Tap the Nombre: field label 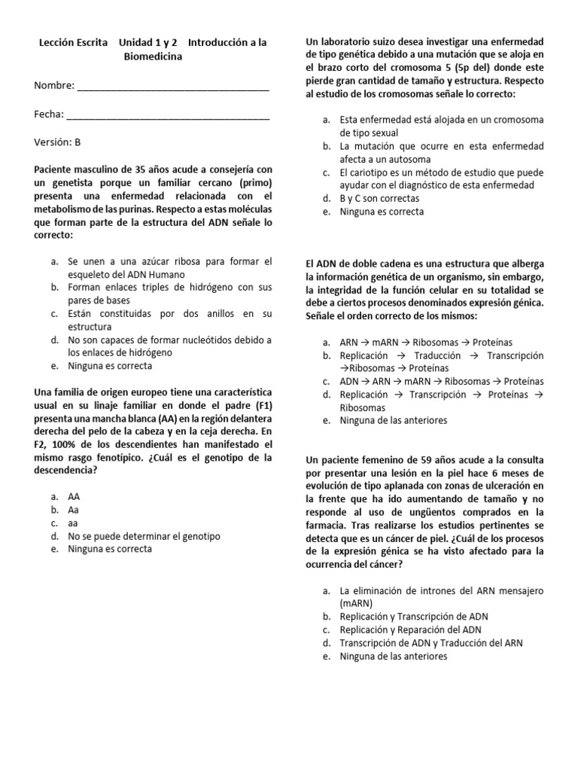54,85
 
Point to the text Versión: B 57,142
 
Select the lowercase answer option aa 73,523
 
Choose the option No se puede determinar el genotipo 144,536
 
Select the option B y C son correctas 380,199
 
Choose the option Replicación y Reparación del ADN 411,629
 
